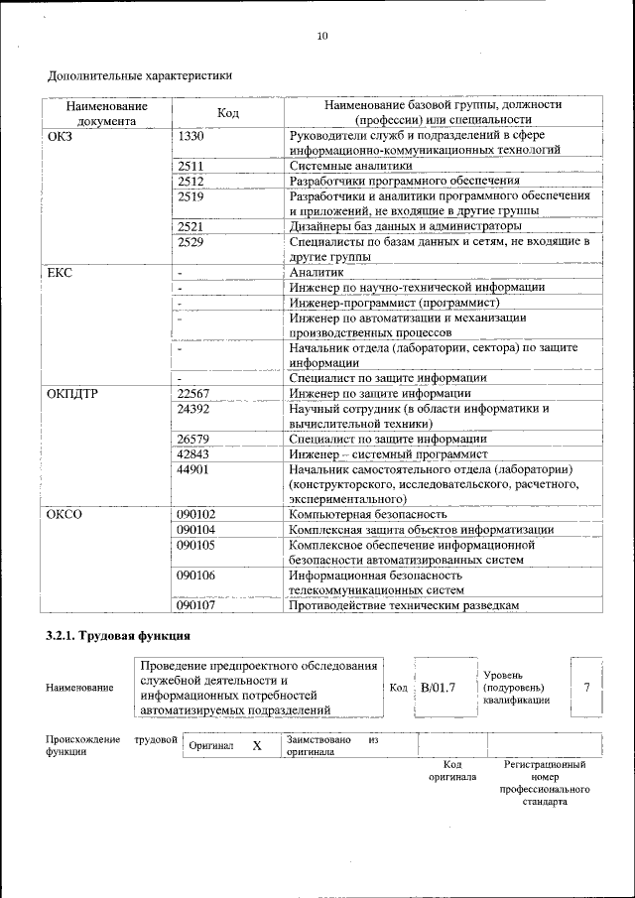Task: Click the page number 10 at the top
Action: (321, 37)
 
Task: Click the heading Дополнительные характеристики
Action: (139, 74)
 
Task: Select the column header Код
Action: (227, 113)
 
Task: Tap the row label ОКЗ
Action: (61, 136)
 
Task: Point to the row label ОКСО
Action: (64, 514)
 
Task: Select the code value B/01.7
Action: (438, 688)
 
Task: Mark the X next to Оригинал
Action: (256, 745)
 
